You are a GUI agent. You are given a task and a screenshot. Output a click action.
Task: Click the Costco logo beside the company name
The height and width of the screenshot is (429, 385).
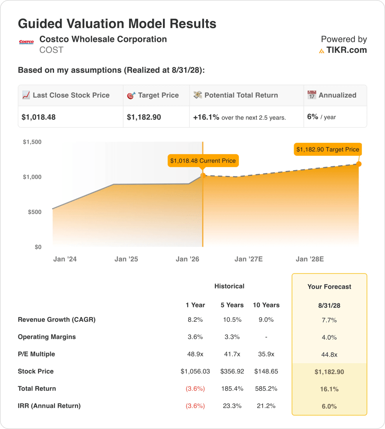pos(26,42)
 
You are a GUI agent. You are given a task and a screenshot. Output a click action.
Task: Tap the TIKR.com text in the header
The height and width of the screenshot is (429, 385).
pos(346,50)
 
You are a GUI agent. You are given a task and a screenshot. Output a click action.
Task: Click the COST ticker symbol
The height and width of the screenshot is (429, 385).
pos(51,50)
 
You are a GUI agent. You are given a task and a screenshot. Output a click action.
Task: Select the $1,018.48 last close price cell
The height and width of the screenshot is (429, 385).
pos(39,117)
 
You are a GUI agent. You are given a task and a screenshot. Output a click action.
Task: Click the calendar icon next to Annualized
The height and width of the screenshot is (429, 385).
pos(312,95)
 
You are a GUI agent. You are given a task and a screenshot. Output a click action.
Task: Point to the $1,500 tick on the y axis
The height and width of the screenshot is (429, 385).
pos(32,142)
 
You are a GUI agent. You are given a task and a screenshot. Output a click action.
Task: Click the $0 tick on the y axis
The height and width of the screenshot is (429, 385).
pos(38,247)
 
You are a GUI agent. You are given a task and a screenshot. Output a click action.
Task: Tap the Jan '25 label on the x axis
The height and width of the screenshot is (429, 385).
pos(126,259)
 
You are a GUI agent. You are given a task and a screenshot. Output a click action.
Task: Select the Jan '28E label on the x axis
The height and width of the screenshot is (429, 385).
pos(310,259)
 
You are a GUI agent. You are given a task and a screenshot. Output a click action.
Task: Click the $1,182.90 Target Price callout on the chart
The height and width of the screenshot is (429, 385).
pos(328,150)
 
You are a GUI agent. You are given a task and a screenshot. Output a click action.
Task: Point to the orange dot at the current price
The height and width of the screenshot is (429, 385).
pos(203,176)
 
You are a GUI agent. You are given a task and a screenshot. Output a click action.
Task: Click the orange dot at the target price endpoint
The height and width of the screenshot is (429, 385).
pos(359,164)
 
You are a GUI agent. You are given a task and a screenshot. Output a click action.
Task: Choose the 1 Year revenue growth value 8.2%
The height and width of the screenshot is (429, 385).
pos(195,320)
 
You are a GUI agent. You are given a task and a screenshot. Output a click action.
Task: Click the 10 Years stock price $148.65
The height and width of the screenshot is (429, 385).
pos(266,371)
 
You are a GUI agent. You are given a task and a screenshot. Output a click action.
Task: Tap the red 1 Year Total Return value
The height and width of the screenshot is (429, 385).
pos(195,388)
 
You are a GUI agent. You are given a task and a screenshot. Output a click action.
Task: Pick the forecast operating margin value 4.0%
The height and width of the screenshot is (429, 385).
pos(329,337)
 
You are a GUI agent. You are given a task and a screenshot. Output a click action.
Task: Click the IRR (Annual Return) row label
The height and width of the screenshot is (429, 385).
pos(49,406)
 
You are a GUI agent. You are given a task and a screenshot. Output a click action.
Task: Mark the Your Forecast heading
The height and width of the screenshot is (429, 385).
pos(329,287)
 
